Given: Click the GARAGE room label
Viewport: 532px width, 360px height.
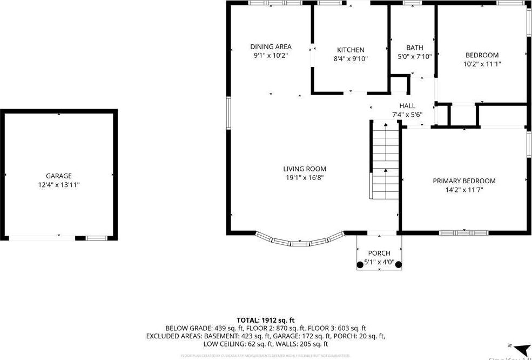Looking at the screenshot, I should (59, 176).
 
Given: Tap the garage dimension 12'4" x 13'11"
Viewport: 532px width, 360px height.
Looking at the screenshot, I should (59, 185).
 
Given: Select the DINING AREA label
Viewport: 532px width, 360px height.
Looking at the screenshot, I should (271, 46).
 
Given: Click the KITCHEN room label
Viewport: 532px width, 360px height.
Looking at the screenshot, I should (351, 50).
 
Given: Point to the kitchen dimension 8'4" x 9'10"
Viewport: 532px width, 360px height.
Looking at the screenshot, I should (351, 59).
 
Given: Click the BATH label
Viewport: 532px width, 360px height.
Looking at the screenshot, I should (415, 47).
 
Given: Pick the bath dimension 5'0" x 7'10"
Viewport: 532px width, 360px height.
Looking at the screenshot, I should (415, 56).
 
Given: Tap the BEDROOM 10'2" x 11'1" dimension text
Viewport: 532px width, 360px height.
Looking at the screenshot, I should (482, 64).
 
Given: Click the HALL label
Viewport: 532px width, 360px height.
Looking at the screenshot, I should (407, 105).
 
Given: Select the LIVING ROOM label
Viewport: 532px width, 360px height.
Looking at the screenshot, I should (305, 169).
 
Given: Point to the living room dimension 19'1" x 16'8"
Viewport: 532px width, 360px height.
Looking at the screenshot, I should (305, 178).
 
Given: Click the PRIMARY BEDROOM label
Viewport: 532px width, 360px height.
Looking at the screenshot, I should (464, 181).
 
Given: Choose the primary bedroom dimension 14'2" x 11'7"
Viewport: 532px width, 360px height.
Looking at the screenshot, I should (464, 190).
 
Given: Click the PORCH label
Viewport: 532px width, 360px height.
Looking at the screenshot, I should (379, 254).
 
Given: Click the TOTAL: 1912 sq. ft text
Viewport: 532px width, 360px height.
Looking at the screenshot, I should (266, 320).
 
